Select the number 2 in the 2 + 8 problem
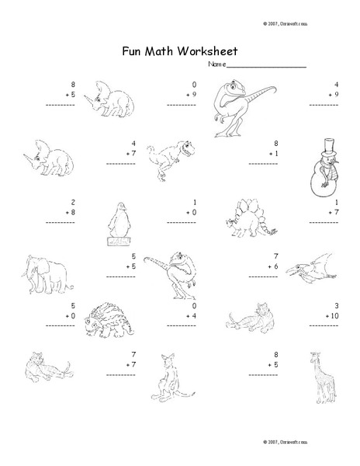72,200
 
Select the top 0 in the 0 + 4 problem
193,305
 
